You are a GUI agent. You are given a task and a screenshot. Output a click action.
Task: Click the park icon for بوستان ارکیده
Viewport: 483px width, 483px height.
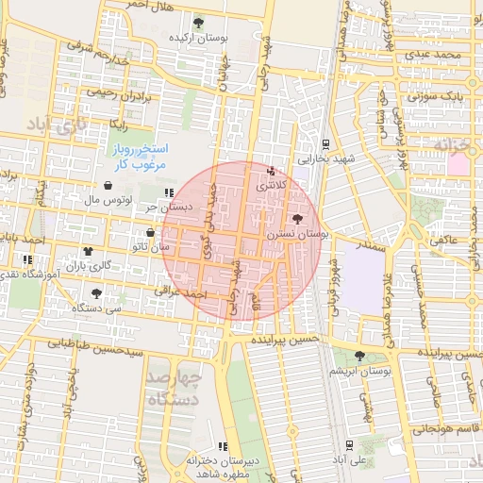pos(197,23)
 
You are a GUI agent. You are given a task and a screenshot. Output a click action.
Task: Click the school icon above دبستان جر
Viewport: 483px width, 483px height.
pos(169,192)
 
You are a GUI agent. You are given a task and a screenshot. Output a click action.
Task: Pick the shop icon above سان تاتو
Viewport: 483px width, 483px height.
pos(150,233)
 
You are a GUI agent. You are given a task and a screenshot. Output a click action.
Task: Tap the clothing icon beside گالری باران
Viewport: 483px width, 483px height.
pos(88,251)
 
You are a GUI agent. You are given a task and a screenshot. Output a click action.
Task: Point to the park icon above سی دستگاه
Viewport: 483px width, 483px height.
pos(97,293)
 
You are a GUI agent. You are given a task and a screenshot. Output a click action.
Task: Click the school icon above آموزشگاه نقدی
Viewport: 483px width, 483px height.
pos(25,259)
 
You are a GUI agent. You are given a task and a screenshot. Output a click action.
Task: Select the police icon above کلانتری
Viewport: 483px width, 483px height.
pos(273,172)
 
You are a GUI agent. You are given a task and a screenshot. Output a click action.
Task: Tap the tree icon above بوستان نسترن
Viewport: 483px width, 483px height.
pos(299,218)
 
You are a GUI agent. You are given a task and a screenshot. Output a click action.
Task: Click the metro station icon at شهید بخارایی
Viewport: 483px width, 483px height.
pos(325,144)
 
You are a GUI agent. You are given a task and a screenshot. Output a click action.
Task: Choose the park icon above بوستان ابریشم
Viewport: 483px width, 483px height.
pos(359,356)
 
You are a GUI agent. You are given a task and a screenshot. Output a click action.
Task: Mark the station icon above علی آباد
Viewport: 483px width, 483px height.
pos(350,444)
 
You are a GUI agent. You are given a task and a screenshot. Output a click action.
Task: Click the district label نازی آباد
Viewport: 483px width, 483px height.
pos(57,124)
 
